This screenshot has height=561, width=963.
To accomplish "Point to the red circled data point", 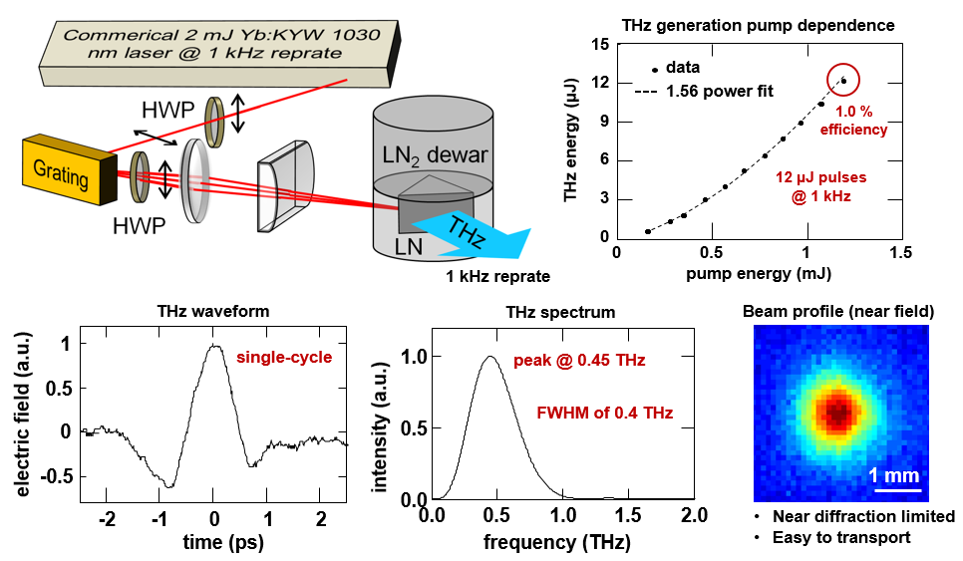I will coord(843,80).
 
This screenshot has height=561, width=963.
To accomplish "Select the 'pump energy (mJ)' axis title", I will coord(758,270).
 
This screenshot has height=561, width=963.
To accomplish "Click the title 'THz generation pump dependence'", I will coord(758,24).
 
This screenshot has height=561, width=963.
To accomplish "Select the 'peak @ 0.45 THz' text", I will coord(579,360).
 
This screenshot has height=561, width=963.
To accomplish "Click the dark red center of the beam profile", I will coord(835,411).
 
